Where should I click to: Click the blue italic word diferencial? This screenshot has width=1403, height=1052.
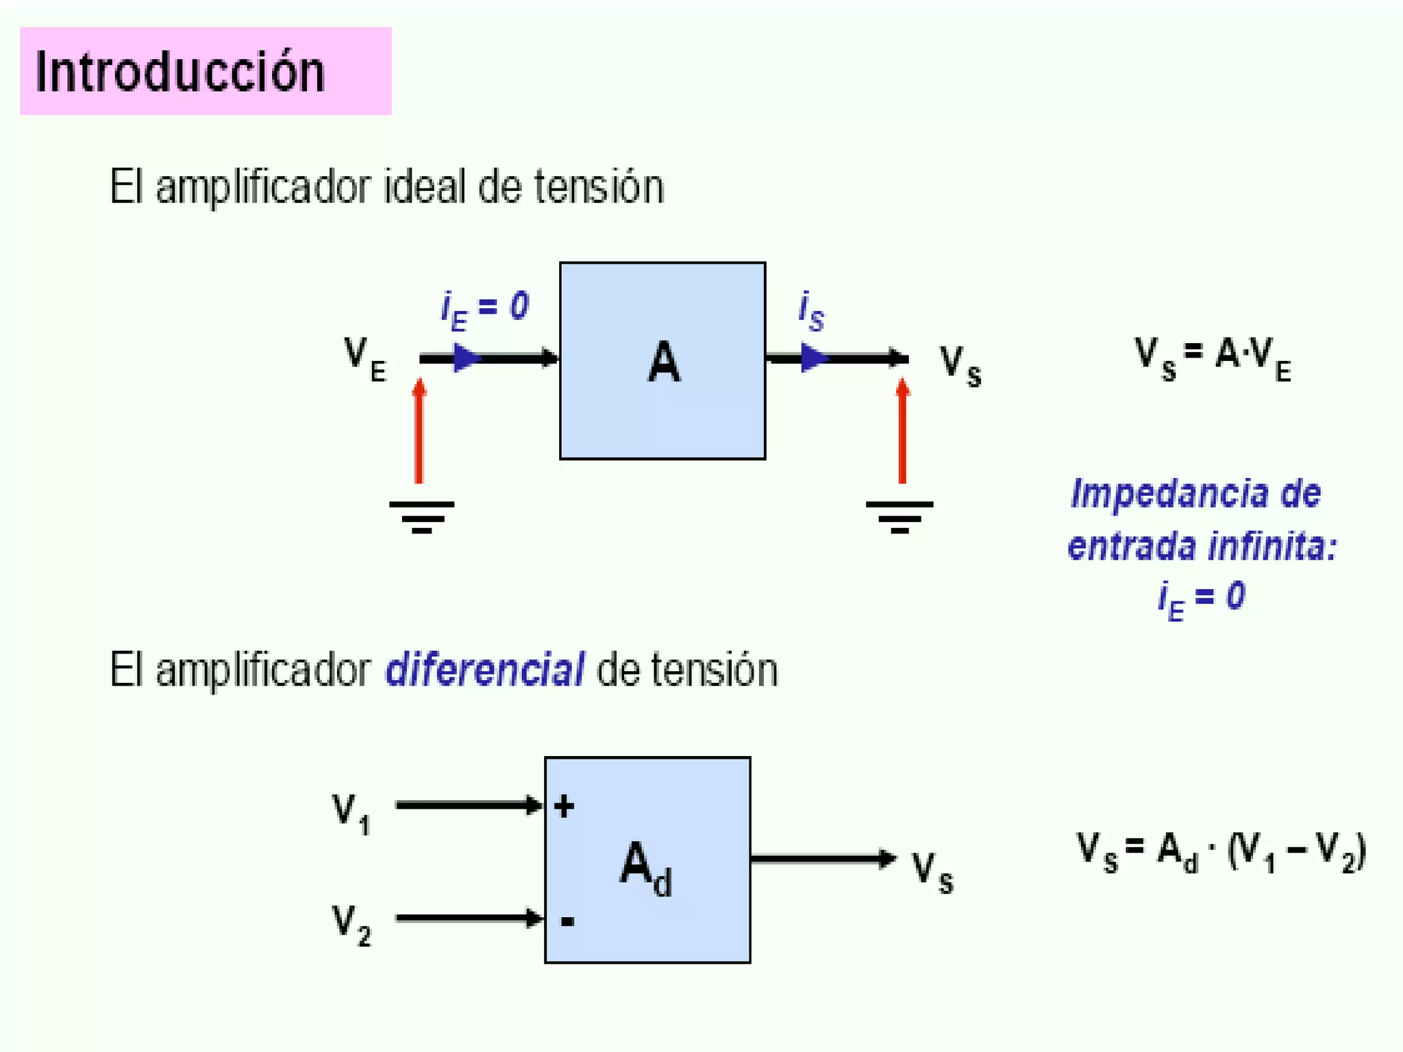coord(485,670)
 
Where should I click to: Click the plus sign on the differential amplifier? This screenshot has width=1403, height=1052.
coord(564,807)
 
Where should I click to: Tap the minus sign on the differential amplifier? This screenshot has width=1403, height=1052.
coord(567,922)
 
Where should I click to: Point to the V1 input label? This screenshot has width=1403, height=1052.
coord(351,812)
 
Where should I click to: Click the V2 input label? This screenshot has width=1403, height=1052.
coord(351,925)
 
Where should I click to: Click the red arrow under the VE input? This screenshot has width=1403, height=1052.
coord(419,431)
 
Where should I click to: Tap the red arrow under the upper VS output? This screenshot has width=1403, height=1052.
coord(902,431)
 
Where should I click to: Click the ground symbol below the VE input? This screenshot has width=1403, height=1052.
coord(421,516)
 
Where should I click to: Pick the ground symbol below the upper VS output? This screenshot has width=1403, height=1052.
coord(899,516)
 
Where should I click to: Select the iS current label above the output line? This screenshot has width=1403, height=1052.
coord(811,311)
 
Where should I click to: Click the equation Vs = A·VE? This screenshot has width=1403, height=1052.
coord(1213,358)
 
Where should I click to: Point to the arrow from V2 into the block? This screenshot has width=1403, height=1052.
coord(469,918)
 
